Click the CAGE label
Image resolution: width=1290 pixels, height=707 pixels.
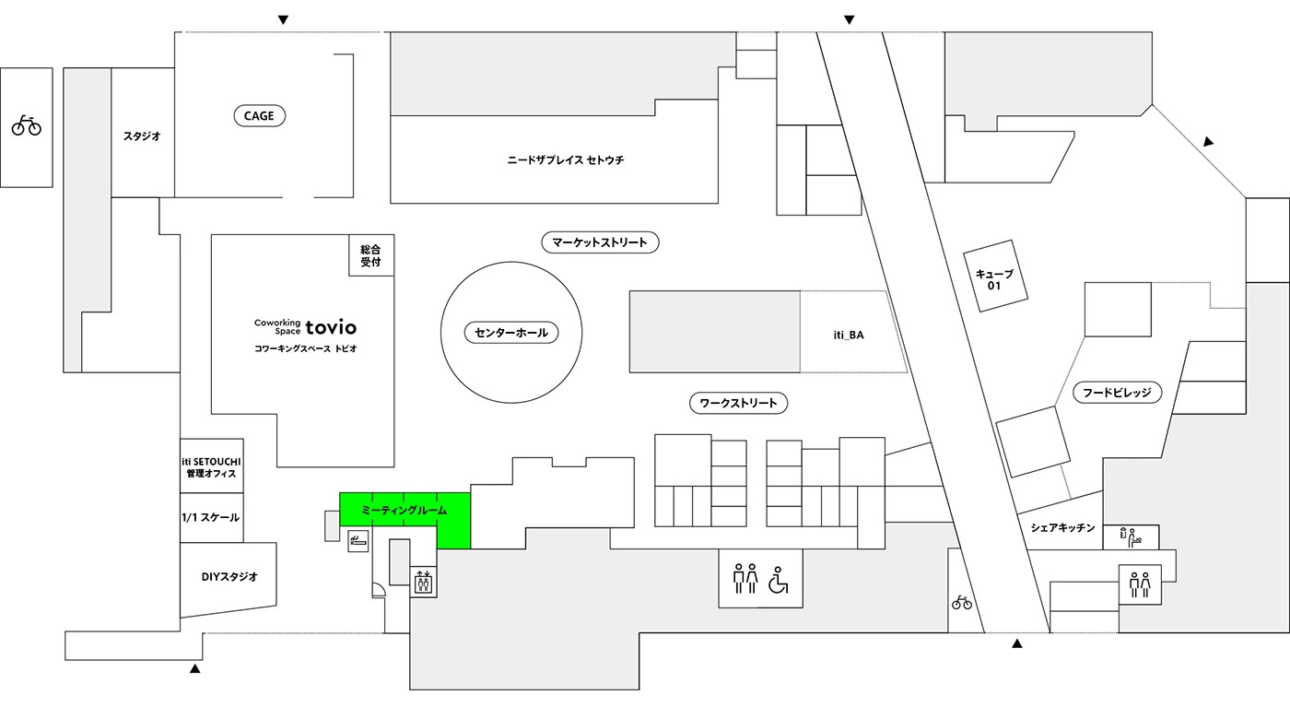click(259, 116)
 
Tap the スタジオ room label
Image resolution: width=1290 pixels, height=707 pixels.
click(142, 136)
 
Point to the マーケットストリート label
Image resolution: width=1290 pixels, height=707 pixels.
click(600, 243)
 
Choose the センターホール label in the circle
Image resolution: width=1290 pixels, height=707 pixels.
click(511, 333)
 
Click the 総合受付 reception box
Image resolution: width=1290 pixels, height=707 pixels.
click(370, 255)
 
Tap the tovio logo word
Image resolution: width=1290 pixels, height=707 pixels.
click(331, 326)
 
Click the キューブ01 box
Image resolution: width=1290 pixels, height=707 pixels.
click(994, 280)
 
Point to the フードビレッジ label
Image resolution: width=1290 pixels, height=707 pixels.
click(1117, 393)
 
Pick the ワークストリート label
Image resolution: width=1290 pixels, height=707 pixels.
click(738, 403)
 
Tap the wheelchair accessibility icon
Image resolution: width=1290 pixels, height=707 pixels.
click(780, 581)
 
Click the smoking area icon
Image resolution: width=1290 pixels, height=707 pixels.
click(358, 540)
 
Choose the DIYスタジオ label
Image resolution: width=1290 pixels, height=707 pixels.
click(229, 577)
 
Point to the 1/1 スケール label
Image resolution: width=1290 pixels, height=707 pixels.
click(211, 518)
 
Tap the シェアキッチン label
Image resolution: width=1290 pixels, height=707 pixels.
click(1062, 528)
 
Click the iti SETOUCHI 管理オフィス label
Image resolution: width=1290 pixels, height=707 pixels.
click(211, 466)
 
